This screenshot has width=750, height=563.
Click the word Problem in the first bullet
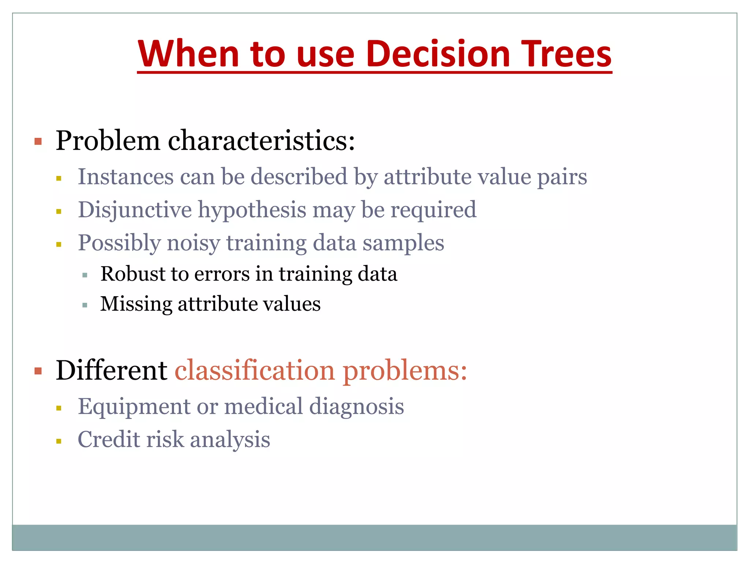coord(108,141)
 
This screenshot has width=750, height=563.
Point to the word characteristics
coord(261,141)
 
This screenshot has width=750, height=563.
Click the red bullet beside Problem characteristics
coord(38,141)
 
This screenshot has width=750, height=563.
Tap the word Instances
coord(126,177)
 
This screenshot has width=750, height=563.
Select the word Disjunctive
coord(135,210)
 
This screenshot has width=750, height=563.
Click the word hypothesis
coord(252,210)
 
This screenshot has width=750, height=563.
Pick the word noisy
coord(193,243)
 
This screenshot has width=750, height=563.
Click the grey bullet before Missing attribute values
coord(85,305)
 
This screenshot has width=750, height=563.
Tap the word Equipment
coord(134,407)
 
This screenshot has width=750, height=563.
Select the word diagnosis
coord(356,407)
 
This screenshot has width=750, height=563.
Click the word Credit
coord(109,439)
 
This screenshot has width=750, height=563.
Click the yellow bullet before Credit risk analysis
coord(59,441)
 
